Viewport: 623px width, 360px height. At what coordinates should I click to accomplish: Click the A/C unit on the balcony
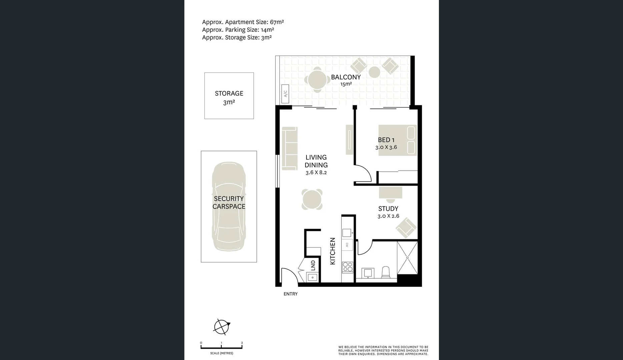[285, 94]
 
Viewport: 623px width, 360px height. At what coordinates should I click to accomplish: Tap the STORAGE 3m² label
[229, 97]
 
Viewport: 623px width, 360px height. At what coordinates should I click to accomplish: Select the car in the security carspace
[229, 207]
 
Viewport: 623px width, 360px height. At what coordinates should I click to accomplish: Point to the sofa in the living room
[289, 148]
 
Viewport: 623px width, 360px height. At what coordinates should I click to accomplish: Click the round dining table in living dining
[312, 199]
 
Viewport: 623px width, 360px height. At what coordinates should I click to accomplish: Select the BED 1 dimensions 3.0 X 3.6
[386, 147]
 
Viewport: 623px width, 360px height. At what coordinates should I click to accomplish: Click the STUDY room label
[388, 209]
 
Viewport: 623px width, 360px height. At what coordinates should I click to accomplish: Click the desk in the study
[390, 193]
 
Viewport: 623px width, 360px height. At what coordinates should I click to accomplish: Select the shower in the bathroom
[407, 257]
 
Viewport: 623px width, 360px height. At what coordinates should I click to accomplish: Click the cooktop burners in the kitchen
[348, 267]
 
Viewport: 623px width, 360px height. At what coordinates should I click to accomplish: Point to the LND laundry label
[313, 265]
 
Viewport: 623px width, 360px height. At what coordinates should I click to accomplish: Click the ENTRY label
[290, 294]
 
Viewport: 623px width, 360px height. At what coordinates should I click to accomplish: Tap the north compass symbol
[222, 326]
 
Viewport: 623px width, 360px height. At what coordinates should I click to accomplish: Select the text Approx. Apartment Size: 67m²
[243, 22]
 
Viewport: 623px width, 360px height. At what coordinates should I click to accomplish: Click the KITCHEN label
[333, 251]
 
